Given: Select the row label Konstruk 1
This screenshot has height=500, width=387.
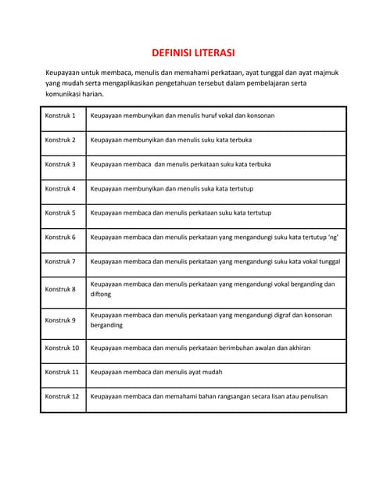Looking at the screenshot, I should (60, 116).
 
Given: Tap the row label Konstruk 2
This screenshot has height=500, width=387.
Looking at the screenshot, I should (60, 140).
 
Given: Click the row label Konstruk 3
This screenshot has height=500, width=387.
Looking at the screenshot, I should (60, 164).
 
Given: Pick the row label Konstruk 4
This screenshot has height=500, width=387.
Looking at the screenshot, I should (60, 188).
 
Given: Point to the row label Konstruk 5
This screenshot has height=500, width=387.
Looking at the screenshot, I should (60, 212).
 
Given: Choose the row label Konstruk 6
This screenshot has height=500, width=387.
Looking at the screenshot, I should (60, 237).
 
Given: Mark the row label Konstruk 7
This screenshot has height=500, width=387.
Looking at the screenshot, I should (60, 261).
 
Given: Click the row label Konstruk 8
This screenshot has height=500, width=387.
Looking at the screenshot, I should (60, 289).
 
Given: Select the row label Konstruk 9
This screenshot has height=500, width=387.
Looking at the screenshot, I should (60, 320).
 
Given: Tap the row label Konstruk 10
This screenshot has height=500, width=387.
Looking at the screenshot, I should (62, 348).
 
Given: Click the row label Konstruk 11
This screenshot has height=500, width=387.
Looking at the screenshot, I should (62, 372).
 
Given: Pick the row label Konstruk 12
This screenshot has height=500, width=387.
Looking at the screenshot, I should (62, 396).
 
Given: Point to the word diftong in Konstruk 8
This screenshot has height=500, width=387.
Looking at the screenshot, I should (101, 295).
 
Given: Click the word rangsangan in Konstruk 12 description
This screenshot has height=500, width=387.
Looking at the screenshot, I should (238, 396).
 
